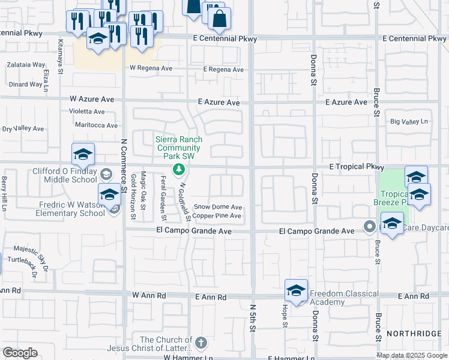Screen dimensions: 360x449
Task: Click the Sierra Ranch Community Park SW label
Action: click(x=178, y=148)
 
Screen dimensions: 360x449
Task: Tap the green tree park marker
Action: click(x=178, y=170)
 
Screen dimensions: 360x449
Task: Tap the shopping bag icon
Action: click(x=220, y=19)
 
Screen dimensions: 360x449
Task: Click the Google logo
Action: click(x=20, y=353)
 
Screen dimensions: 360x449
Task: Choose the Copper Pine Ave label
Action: click(x=217, y=215)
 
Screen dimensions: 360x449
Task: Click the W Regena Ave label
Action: click(x=151, y=68)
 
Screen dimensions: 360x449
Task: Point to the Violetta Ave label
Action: click(x=86, y=111)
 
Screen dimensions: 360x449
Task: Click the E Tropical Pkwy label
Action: click(x=355, y=166)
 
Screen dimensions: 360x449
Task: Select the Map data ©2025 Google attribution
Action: click(x=411, y=355)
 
